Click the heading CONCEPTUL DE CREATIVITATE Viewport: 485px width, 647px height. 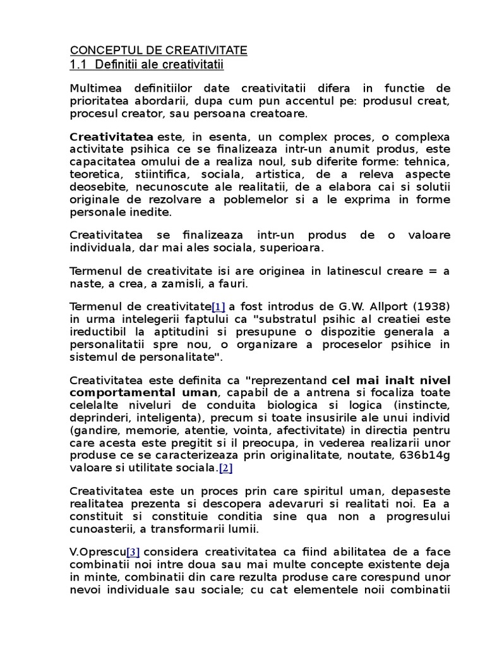pos(158,51)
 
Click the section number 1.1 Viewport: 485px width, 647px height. pos(79,65)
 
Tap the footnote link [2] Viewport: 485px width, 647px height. pos(226,468)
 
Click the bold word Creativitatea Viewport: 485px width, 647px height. pos(111,137)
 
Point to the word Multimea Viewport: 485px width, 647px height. pos(93,88)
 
